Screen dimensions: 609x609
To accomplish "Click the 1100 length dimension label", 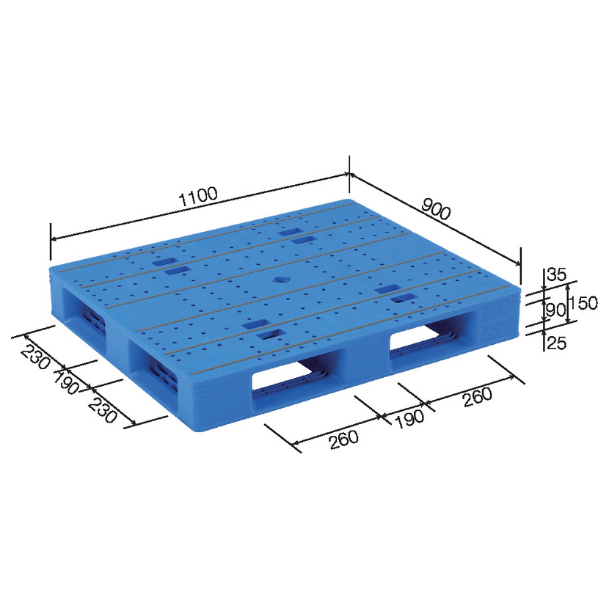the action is click(x=198, y=196).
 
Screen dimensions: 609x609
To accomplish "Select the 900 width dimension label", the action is click(x=437, y=208).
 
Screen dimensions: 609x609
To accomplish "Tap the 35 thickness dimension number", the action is click(x=557, y=274).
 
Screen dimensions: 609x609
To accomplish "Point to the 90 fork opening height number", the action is click(x=555, y=310).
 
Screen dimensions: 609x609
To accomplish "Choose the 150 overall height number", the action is click(x=583, y=302).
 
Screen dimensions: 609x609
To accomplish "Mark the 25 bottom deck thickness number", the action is click(x=556, y=343).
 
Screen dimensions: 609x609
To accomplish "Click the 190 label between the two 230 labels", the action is click(x=67, y=382).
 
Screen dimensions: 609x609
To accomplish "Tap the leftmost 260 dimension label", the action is click(x=343, y=440).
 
